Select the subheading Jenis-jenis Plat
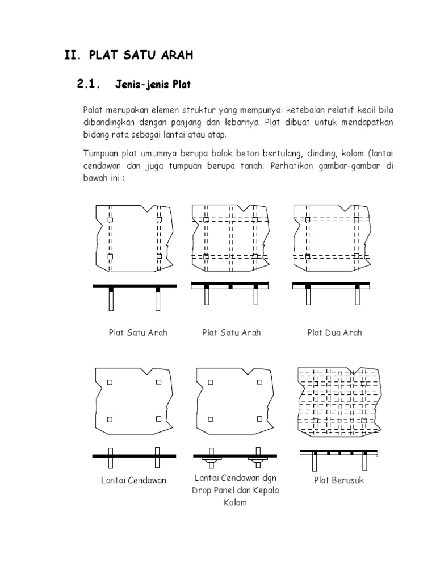coord(153,86)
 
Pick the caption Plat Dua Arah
coord(334,332)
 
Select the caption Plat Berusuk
coord(338,480)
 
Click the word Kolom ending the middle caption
coord(235,502)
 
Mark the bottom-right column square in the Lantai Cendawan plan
coord(158,419)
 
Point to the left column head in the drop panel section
coord(209,457)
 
